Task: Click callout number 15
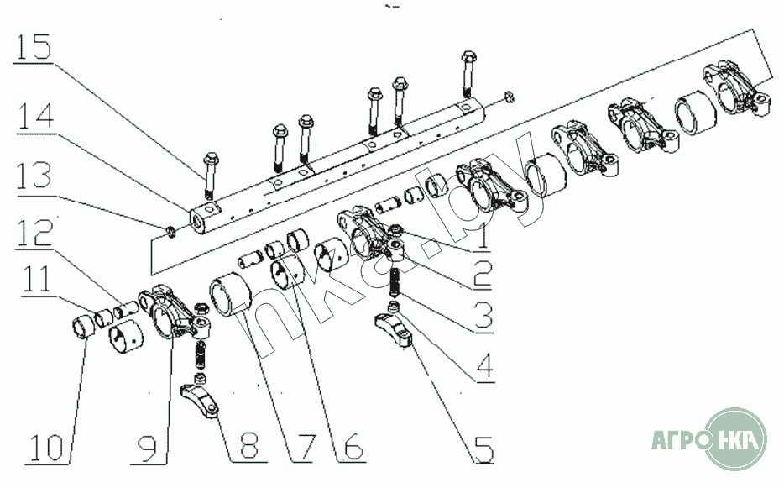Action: (x=34, y=47)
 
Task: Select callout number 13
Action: (x=34, y=176)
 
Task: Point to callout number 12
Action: (x=34, y=232)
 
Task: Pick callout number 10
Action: (x=46, y=447)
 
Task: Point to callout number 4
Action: (x=484, y=365)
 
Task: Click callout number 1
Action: (x=482, y=238)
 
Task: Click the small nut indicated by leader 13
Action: (x=170, y=232)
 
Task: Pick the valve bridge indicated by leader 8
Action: (x=200, y=399)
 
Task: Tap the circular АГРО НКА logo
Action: (x=734, y=439)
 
